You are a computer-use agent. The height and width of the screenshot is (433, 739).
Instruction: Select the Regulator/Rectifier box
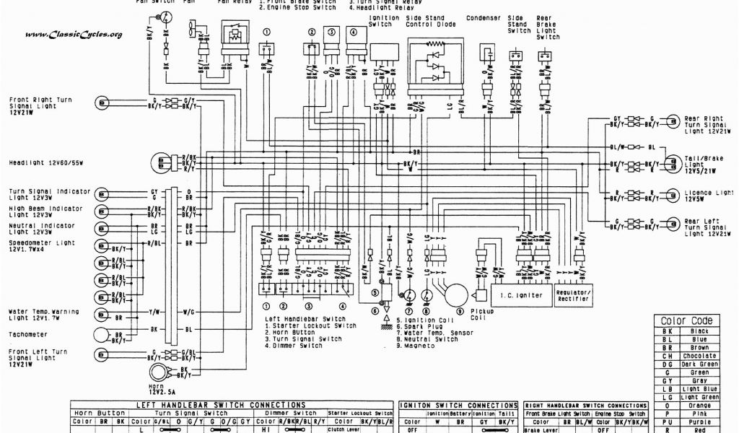coord(574,295)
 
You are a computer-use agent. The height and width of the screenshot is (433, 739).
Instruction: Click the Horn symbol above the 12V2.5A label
coord(157,372)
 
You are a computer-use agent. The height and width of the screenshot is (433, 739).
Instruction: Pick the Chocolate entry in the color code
coord(699,355)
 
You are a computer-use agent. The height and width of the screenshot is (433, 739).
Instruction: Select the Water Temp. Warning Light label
coord(45,315)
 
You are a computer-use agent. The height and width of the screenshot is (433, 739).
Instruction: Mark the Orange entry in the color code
coord(699,406)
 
